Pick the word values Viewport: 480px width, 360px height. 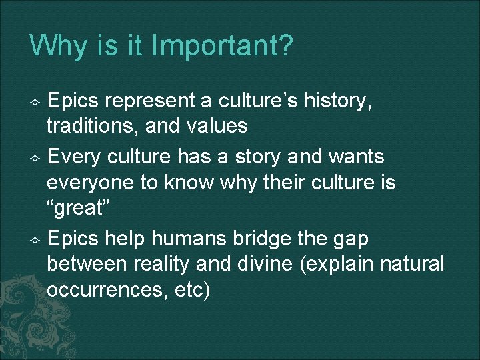point(215,125)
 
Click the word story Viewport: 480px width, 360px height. point(267,157)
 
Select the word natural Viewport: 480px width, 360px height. point(412,263)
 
